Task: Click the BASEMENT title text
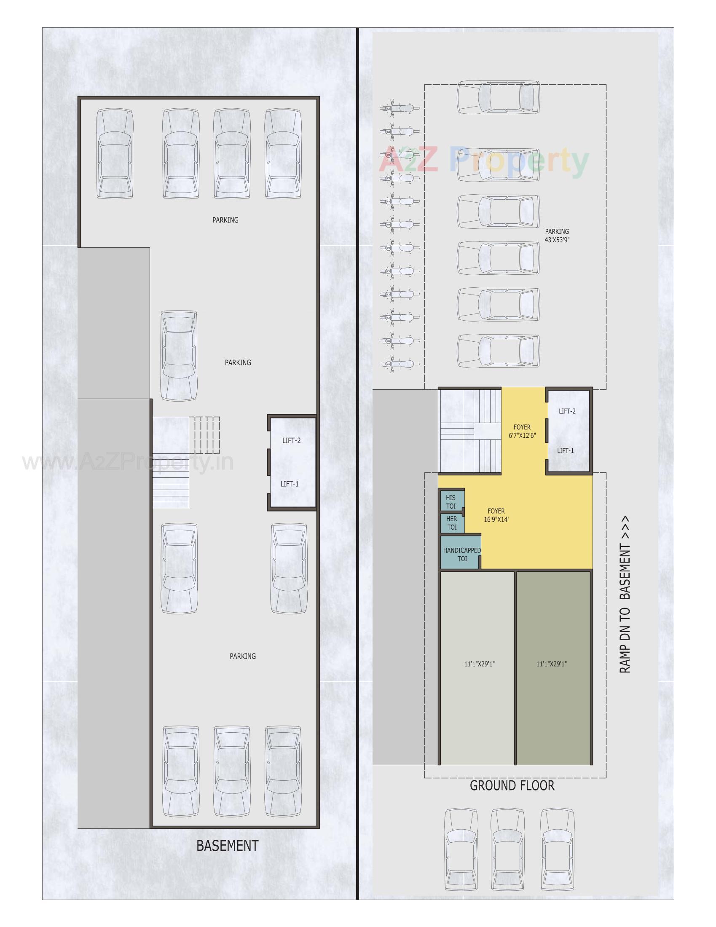pos(227,846)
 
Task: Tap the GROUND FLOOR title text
pos(512,785)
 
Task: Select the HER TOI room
pos(452,523)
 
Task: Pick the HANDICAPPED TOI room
pos(461,555)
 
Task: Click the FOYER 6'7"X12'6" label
pos(522,431)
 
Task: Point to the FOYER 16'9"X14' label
pos(496,515)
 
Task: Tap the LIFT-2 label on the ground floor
pos(567,411)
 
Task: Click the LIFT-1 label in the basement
pos(290,484)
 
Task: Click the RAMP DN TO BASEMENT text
pos(625,595)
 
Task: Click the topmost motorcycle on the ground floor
pos(400,109)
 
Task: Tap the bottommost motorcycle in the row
pos(400,363)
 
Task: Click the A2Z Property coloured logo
pos(484,161)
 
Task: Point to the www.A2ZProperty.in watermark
pos(127,462)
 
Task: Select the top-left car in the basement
pos(115,154)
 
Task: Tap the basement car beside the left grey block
pos(179,356)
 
